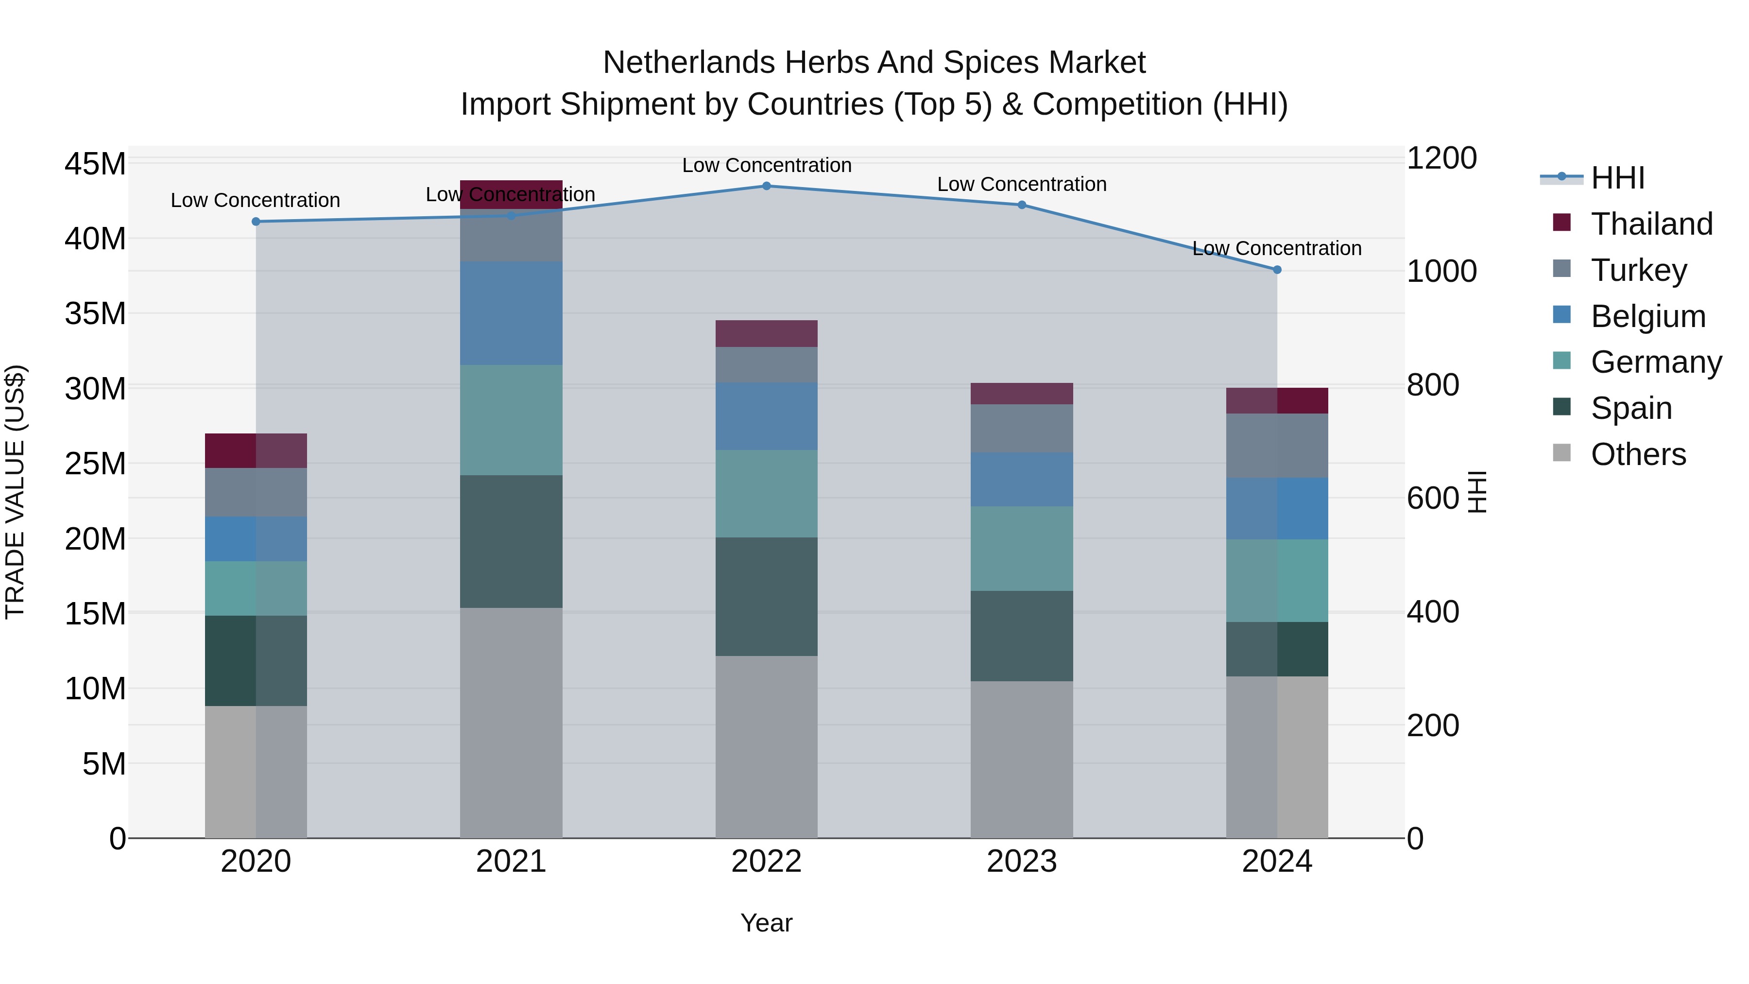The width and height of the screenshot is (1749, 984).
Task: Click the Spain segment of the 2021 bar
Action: click(x=511, y=541)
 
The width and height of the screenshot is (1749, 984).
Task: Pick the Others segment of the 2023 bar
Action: click(x=1021, y=759)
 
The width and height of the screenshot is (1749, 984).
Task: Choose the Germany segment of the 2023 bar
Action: click(x=1021, y=548)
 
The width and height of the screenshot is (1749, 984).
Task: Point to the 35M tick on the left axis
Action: click(x=95, y=314)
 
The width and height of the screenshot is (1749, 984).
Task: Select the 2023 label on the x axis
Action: click(x=1021, y=862)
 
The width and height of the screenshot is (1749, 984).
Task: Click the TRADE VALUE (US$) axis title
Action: click(x=16, y=492)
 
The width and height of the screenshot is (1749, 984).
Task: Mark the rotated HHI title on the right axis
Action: click(x=1477, y=492)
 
